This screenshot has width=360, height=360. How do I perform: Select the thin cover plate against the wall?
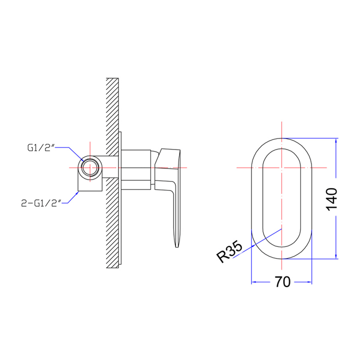pyautogui.click(x=120, y=200)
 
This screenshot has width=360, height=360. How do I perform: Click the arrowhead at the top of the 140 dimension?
pyautogui.click(x=335, y=141)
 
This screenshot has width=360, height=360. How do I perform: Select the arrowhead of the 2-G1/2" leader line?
pyautogui.click(x=78, y=191)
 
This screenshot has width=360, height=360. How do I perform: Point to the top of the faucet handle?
pyautogui.click(x=170, y=150)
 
